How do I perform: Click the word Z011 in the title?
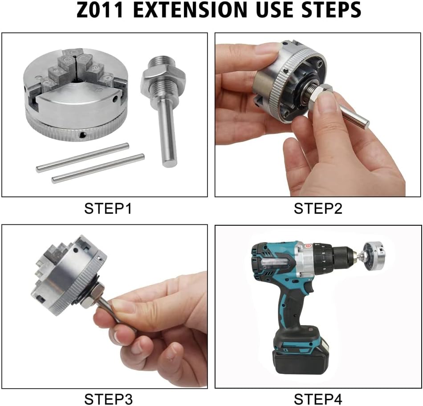tap(100, 10)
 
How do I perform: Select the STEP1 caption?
tap(108, 208)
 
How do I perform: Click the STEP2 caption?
tap(318, 208)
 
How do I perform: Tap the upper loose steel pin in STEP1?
tap(82, 158)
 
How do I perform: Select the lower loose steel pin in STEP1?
tap(98, 169)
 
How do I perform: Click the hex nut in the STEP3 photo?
tap(91, 296)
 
